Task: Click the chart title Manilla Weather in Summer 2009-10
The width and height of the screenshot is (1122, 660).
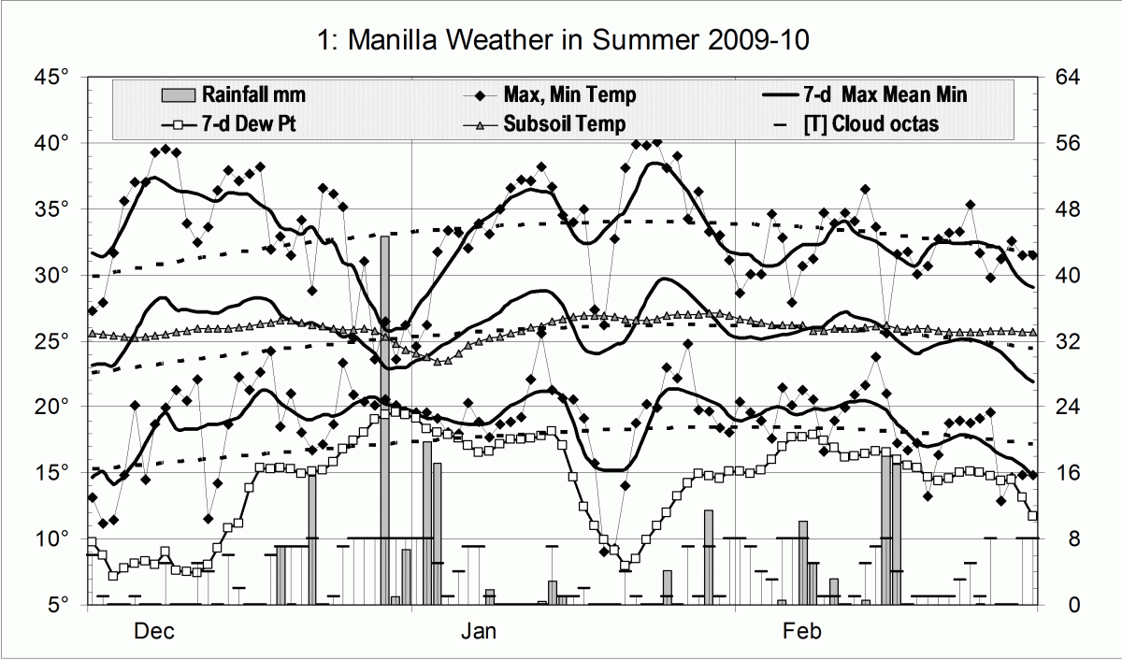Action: (561, 40)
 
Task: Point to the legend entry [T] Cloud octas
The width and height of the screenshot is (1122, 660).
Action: (870, 123)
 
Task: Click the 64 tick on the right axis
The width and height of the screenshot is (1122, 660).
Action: (1068, 77)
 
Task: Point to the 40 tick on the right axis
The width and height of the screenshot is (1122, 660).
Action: (1068, 276)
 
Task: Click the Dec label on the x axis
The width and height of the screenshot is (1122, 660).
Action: (154, 632)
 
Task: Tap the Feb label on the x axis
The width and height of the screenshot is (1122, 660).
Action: (802, 632)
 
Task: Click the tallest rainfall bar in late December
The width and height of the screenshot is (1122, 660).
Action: (384, 421)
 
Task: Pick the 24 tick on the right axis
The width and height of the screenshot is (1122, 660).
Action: (1068, 408)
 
